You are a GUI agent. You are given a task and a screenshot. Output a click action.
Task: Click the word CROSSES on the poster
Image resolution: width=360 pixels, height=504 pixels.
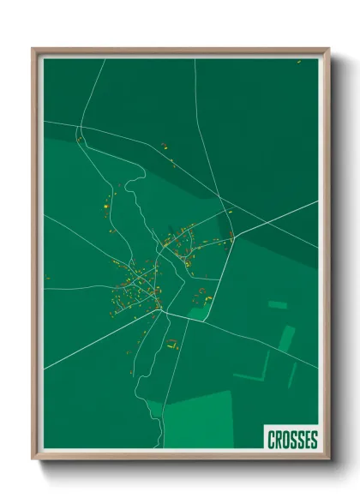point(291,440)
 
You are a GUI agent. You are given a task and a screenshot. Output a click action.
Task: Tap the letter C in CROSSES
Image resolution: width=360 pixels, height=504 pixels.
point(271,440)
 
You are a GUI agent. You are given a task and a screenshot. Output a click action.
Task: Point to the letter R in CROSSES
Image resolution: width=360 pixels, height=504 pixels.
point(278,440)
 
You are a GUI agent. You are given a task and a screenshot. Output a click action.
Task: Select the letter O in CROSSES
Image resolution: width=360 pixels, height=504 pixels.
point(285,440)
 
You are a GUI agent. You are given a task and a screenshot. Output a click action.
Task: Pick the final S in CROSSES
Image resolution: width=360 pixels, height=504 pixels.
point(313,440)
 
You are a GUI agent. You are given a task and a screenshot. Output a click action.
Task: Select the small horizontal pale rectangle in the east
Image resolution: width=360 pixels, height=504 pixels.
point(277,304)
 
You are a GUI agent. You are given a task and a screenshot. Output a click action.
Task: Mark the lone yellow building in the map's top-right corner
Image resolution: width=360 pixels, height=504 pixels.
point(298,62)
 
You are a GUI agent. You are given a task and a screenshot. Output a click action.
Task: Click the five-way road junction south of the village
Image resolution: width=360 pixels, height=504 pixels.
point(166,314)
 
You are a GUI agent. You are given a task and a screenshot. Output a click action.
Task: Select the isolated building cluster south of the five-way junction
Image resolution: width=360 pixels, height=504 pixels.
point(171,345)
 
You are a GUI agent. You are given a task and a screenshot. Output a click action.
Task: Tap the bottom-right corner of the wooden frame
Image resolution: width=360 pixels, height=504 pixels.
point(328,459)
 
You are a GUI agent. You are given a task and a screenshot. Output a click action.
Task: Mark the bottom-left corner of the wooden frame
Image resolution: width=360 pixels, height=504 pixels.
point(33,459)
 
